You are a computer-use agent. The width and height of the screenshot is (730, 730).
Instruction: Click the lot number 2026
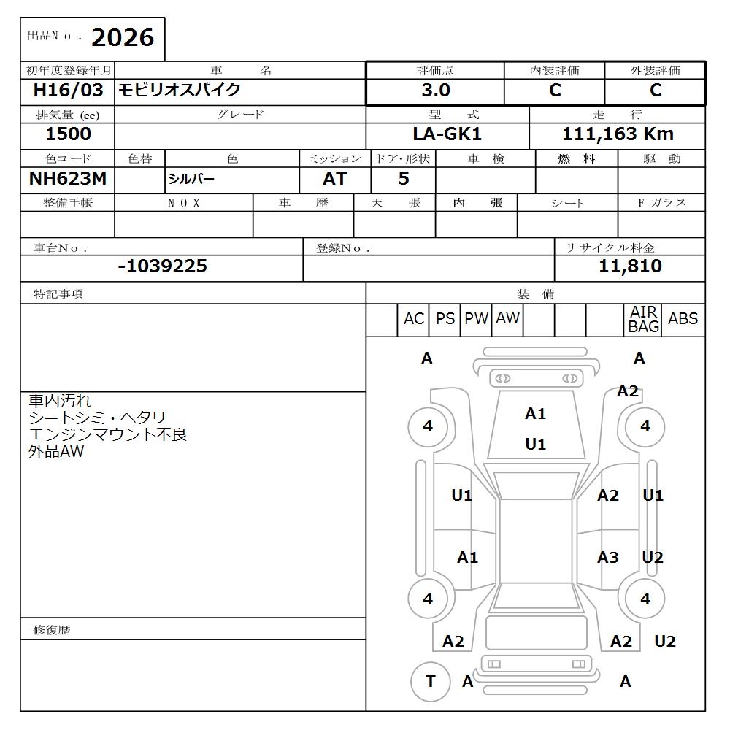[x=122, y=38]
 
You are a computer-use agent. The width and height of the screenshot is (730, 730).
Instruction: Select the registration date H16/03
[x=68, y=91]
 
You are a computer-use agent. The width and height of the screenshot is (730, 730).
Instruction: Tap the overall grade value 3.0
[x=435, y=91]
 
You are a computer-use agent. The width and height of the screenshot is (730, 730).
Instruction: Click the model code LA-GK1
[x=447, y=134]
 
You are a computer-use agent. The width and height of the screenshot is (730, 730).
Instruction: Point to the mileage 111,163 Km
[x=618, y=134]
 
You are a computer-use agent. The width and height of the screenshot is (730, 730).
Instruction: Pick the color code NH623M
[x=67, y=179]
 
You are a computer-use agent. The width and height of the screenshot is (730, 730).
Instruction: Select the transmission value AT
[x=334, y=179]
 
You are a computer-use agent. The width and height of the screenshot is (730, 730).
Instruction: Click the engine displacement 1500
[x=68, y=134]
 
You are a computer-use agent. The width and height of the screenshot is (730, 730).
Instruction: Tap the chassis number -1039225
[x=162, y=266]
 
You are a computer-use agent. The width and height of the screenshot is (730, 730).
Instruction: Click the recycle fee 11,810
[x=630, y=266]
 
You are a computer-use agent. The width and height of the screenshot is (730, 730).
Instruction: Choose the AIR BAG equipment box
[x=643, y=320]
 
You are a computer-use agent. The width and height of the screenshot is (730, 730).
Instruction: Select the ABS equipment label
[x=683, y=319]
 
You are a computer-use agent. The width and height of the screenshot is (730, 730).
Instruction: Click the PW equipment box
[x=476, y=319]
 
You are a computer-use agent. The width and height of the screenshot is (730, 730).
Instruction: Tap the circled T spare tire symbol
[x=430, y=682]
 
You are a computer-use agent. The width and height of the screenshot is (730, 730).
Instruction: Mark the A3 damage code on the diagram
[x=607, y=558]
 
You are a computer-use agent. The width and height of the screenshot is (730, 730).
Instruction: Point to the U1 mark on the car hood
[x=535, y=444]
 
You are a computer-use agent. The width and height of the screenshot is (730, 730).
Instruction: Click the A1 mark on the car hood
[x=535, y=414]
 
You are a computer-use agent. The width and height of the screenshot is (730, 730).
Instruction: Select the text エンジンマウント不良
[x=107, y=435]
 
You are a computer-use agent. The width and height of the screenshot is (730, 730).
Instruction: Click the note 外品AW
[x=56, y=452]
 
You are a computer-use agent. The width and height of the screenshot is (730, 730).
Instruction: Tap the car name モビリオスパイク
[x=180, y=91]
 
